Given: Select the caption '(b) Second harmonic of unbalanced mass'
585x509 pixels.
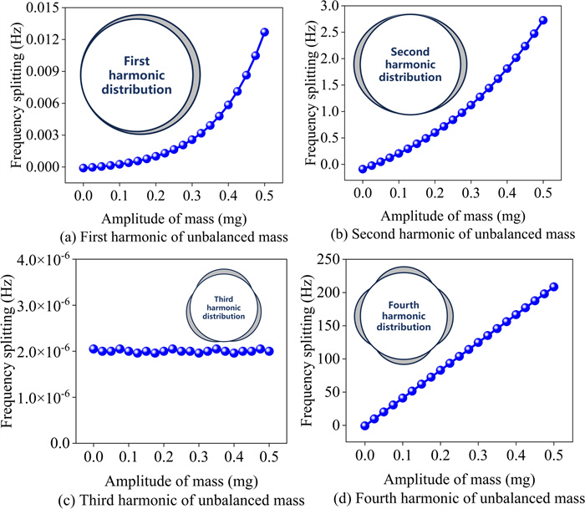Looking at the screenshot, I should [x=441, y=232].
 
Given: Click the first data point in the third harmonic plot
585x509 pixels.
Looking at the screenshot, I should [x=94, y=349].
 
